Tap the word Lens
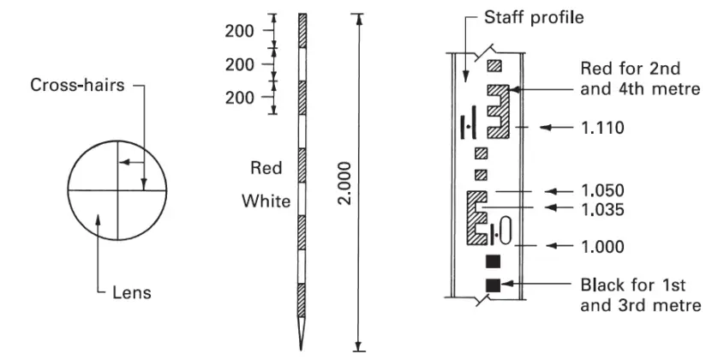click(133, 292)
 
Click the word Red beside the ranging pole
click(266, 168)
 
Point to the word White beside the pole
click(266, 201)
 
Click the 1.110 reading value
click(601, 129)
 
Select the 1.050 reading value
click(601, 190)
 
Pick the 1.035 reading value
click(601, 207)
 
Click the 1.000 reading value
click(601, 246)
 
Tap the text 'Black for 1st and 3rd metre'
click(640, 295)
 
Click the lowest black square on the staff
click(493, 285)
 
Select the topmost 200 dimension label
click(240, 32)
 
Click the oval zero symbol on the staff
click(504, 231)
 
